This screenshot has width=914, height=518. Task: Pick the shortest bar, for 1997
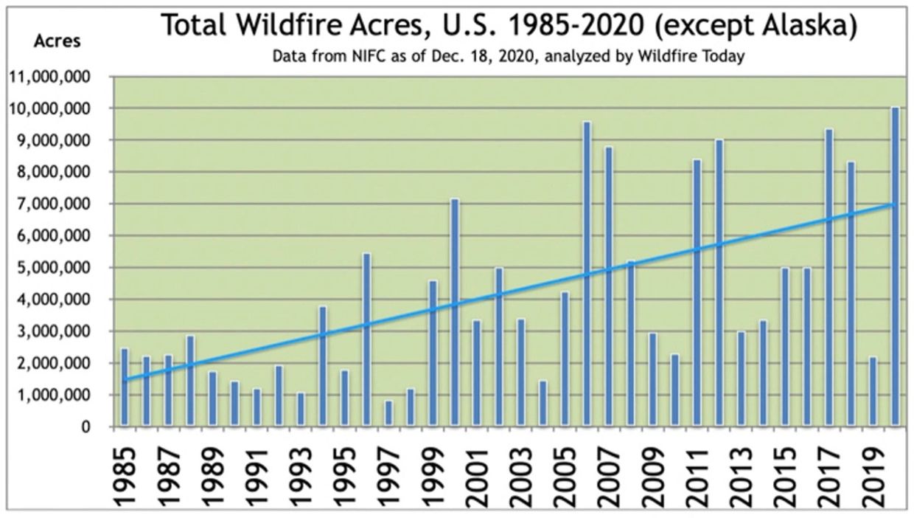tap(388, 414)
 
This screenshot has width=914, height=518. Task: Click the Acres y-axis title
tap(57, 41)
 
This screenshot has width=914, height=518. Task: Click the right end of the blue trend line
tap(895, 204)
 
